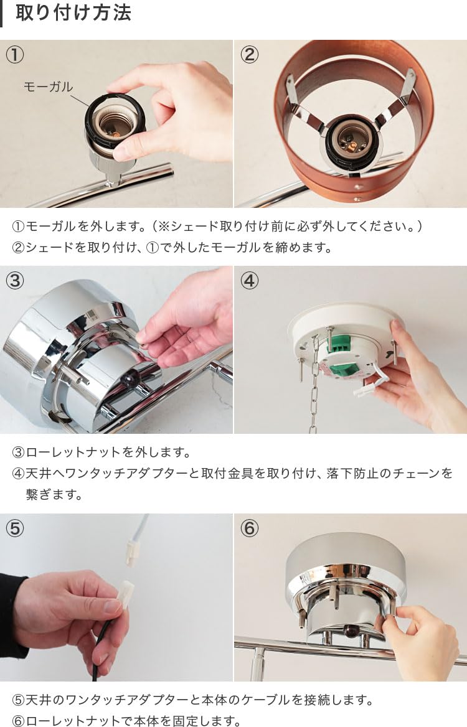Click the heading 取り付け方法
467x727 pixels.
73,12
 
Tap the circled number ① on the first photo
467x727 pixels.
15,55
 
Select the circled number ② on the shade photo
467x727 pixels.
250,55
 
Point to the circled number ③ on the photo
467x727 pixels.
15,281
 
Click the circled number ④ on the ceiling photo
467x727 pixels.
250,281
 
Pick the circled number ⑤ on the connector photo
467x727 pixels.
15,528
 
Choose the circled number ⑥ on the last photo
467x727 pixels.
250,528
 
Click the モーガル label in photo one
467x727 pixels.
48,87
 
